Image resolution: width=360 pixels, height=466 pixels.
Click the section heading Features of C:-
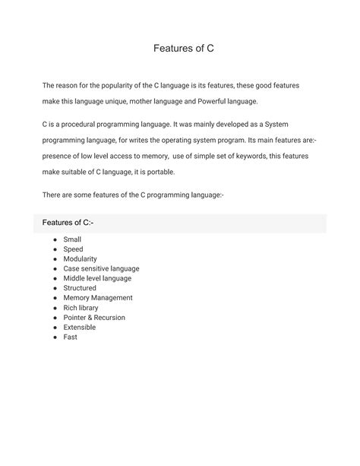[68, 222]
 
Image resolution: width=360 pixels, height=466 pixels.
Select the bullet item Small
[73, 239]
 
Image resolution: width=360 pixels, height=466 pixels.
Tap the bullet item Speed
[74, 249]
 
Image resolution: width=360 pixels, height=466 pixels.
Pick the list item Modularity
[81, 259]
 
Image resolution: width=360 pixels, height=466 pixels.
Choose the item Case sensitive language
[101, 268]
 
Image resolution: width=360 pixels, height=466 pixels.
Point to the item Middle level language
[97, 278]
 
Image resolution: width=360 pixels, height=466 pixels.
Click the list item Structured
[80, 288]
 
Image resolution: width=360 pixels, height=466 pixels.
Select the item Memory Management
[98, 298]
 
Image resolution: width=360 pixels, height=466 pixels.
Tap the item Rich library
[81, 308]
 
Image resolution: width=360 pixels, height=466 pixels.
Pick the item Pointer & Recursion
[94, 318]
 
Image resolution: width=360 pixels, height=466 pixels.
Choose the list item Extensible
[80, 328]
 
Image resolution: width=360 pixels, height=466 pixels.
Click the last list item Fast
[71, 338]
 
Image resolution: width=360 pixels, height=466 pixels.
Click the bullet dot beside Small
[55, 239]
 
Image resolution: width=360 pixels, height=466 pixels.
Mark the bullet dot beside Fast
[55, 338]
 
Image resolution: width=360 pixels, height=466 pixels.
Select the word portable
[159, 172]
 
